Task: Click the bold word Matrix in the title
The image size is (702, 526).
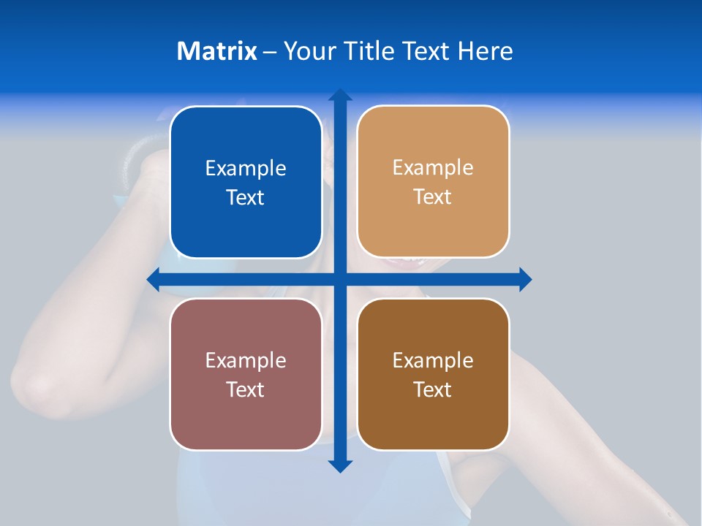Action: pos(217,51)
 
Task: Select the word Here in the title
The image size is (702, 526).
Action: pos(485,51)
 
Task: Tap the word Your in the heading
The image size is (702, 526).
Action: pos(309,51)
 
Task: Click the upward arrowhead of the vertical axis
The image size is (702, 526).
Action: pos(340,95)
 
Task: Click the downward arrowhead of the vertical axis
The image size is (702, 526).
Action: pos(340,465)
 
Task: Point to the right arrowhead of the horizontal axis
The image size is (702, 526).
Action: pos(525,279)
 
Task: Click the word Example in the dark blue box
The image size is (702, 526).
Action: pos(246,169)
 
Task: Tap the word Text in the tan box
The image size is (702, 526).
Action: pos(433,197)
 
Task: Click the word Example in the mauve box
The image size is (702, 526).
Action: pos(246,361)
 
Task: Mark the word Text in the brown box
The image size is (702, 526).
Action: pos(433,390)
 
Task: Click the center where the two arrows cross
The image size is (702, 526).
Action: pos(340,279)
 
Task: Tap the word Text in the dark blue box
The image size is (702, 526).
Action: pos(246,198)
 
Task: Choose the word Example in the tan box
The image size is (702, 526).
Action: pos(433,168)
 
